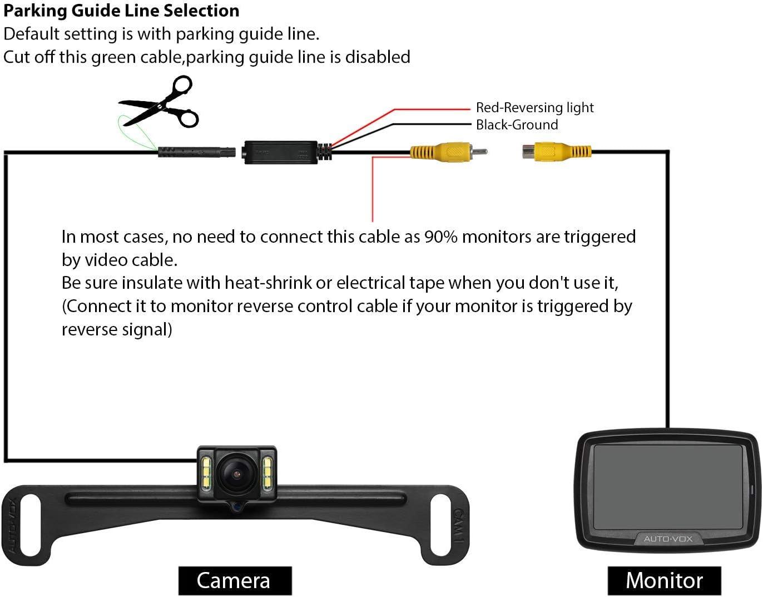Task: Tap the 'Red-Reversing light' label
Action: (x=534, y=108)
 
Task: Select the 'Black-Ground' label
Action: (x=517, y=125)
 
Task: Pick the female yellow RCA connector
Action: (x=557, y=151)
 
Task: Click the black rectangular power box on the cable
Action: (x=280, y=152)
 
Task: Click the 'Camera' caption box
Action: (x=235, y=581)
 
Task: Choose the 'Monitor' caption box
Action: (x=664, y=581)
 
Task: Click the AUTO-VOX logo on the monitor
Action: (x=668, y=539)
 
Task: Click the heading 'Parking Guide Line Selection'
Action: (x=122, y=11)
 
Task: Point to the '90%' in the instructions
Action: (x=440, y=237)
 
